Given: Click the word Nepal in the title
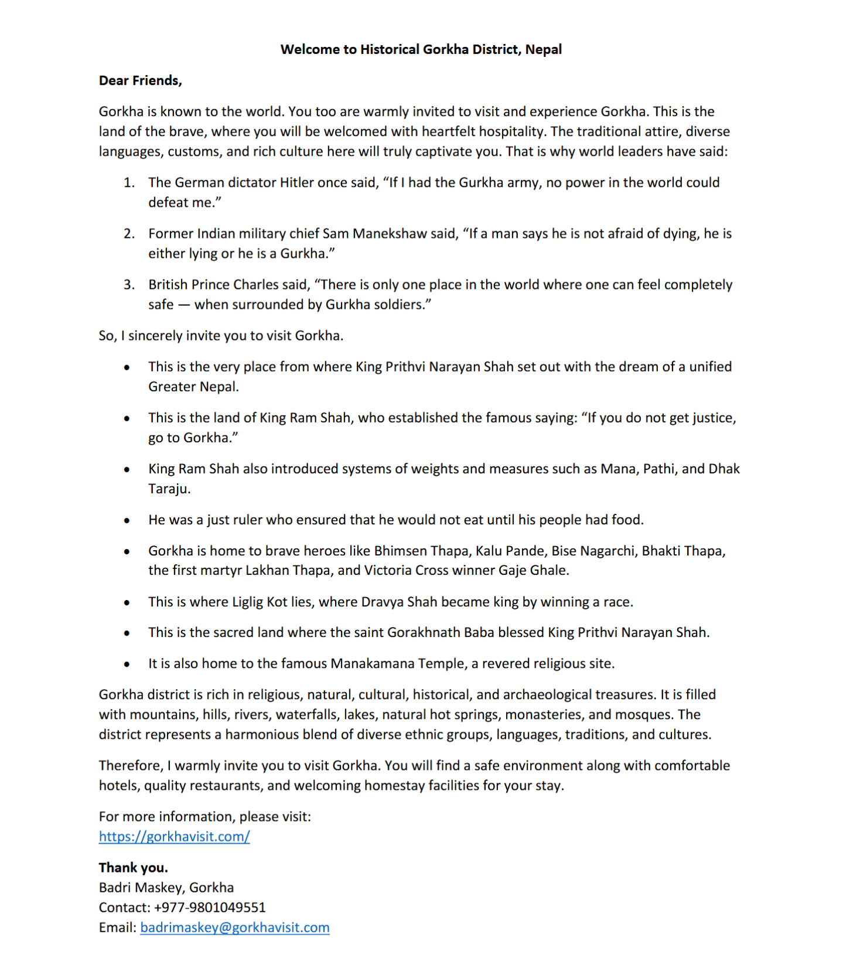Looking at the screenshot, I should point(543,49).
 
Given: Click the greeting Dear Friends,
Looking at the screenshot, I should point(140,81).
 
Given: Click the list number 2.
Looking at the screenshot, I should point(128,234).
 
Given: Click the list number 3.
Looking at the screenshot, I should point(128,285).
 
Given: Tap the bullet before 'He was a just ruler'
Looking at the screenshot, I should point(127,520).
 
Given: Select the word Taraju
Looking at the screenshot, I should point(169,489).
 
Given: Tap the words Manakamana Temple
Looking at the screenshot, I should point(398,664).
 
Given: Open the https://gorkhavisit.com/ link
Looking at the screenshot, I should point(174,837).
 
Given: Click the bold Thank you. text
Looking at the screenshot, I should point(133,868).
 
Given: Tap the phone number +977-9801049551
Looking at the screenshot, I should point(210,908).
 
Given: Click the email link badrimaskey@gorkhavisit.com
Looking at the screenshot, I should point(234,928).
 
